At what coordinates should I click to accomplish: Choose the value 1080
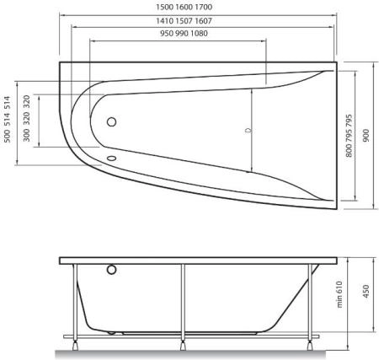[199, 33]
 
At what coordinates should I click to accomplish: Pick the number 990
[178, 33]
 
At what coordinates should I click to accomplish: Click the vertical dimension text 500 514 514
[8, 119]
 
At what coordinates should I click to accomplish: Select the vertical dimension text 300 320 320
[28, 119]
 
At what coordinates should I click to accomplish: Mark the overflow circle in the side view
[112, 271]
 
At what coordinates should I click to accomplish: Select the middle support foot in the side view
[182, 343]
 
